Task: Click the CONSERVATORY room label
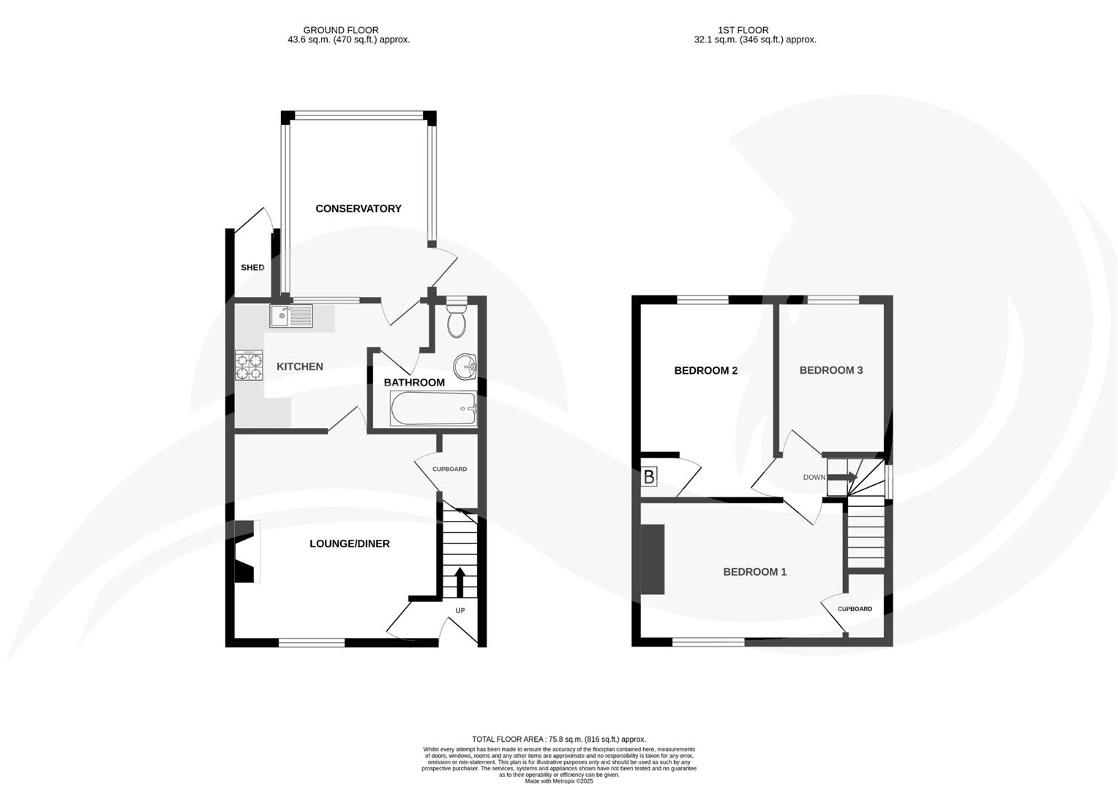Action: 358,208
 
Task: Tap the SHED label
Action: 252,268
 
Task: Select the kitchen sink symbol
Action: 291,316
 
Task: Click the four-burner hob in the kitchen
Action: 249,365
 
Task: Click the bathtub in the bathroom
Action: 434,408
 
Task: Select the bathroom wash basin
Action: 465,366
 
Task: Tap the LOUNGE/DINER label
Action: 349,543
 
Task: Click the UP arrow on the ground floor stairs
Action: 460,583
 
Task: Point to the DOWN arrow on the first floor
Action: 841,477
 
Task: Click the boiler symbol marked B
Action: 649,478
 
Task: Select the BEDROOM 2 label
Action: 705,370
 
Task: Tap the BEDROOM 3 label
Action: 830,370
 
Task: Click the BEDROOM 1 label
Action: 754,571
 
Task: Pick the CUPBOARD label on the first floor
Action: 855,609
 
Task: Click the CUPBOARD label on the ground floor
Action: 449,469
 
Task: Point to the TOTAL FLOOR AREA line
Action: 559,740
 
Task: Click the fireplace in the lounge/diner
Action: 246,552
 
